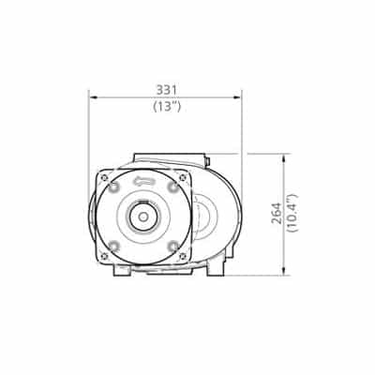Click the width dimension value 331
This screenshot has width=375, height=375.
(167, 90)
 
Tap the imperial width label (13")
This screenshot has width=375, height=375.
(167, 107)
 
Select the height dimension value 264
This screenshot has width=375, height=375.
(277, 213)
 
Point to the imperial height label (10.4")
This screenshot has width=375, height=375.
(293, 213)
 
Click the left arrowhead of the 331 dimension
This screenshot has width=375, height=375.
(93, 97)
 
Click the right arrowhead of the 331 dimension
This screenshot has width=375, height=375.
(238, 97)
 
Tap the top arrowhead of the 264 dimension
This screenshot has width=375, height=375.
(283, 157)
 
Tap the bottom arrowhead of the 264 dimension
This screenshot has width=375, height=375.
(283, 272)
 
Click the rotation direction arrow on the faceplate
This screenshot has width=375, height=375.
(144, 181)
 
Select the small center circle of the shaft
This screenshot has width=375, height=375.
(143, 217)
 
